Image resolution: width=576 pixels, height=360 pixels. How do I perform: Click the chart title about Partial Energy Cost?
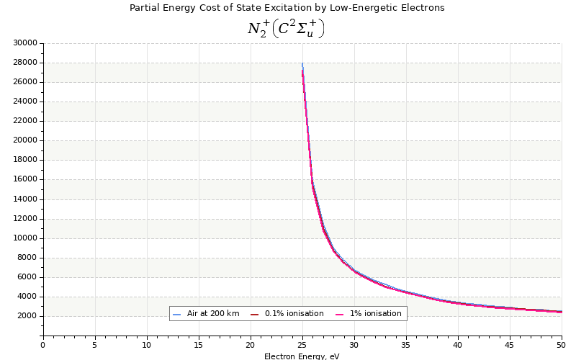tap(287, 8)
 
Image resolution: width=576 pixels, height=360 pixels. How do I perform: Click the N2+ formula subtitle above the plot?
tap(286, 29)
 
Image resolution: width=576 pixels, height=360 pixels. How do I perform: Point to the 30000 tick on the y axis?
tap(25, 43)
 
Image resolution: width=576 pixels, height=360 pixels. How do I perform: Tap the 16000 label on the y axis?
tap(25, 179)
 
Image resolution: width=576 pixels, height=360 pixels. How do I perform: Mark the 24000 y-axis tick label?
tap(25, 102)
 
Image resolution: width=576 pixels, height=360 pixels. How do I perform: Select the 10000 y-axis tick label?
tap(25, 238)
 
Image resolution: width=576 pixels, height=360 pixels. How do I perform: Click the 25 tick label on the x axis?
tap(302, 346)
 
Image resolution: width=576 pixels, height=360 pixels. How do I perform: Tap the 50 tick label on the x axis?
tap(561, 346)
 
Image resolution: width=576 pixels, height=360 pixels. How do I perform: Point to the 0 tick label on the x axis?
tap(42, 346)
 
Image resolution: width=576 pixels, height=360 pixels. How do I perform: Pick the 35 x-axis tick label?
tap(406, 346)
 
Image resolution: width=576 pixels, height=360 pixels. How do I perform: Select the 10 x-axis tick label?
tap(147, 346)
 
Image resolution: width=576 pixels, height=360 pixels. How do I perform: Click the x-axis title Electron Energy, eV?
tap(302, 356)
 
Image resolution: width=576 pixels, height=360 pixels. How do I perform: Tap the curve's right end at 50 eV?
tap(561, 312)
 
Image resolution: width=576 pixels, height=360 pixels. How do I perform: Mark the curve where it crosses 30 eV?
tap(354, 271)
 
